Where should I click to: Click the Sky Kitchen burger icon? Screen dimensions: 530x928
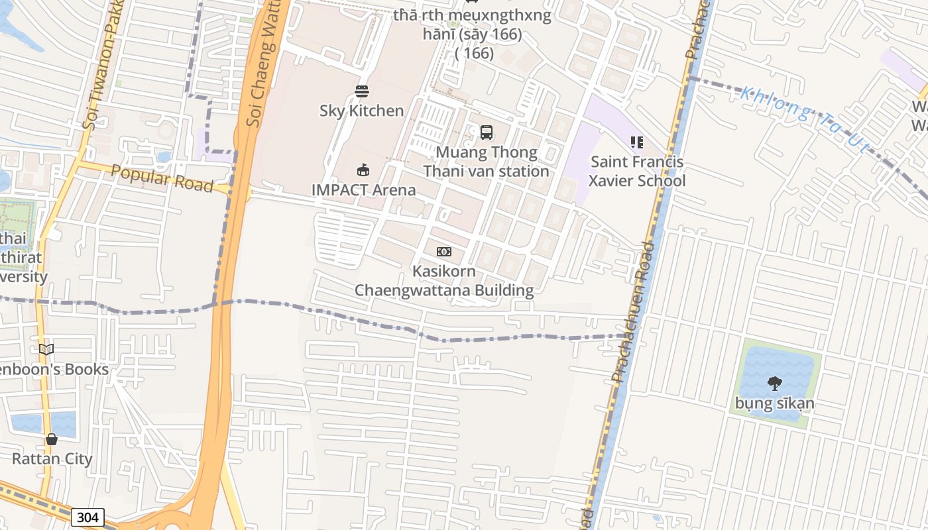tap(362, 91)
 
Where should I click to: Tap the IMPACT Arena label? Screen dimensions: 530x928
tap(364, 190)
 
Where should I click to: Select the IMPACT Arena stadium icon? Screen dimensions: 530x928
tap(363, 170)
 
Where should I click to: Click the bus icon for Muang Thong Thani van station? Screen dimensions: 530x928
tap(487, 132)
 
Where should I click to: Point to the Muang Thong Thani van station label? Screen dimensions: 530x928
tap(487, 162)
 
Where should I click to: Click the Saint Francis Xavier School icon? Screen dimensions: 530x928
tap(637, 142)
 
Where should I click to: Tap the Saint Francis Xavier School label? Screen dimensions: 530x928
tap(637, 171)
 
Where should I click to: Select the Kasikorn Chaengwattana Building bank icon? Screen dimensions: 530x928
tap(444, 252)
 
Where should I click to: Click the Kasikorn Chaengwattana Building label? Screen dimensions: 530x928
tap(444, 281)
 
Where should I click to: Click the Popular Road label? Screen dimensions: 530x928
tap(162, 179)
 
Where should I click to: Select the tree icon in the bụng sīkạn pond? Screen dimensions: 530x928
tap(774, 383)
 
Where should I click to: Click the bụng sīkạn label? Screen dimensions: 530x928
tap(774, 403)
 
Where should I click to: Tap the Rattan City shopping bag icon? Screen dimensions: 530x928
tap(52, 439)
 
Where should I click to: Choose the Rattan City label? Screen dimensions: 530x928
tap(52, 458)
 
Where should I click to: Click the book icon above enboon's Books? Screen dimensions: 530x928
tap(46, 349)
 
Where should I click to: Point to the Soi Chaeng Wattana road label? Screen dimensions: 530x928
tap(261, 66)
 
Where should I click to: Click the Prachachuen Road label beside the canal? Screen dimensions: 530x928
tap(633, 311)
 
